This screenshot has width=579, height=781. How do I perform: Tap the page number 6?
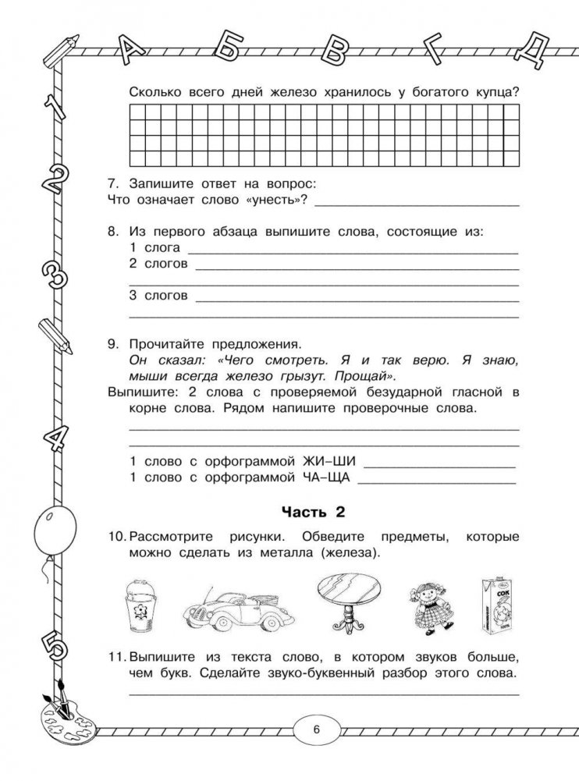(316, 730)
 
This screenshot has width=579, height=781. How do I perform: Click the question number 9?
(114, 344)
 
